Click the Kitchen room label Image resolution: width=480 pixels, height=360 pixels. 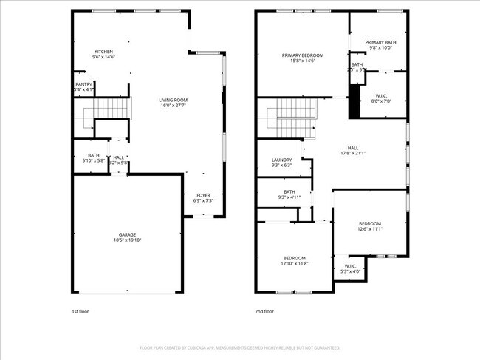(x=103, y=52)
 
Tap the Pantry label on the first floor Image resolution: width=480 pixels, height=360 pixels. (x=84, y=85)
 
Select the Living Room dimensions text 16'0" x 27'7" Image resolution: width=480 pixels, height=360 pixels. (x=174, y=106)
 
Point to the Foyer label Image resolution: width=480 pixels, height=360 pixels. (x=203, y=195)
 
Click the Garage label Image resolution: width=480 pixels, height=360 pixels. (x=127, y=234)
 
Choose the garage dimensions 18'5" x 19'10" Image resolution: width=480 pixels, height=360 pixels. (x=127, y=240)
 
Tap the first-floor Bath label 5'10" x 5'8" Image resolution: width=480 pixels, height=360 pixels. (x=94, y=155)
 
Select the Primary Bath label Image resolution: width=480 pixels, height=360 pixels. (x=380, y=42)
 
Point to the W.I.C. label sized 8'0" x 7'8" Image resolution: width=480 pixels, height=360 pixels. (x=381, y=95)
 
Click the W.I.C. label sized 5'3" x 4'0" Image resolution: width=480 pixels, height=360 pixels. (x=350, y=266)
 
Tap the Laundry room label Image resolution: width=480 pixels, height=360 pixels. (x=281, y=160)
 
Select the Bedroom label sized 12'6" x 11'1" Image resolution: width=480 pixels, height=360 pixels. (x=370, y=224)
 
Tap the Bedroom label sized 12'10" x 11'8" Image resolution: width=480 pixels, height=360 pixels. (x=294, y=258)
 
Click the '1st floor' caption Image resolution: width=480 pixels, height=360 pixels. (x=80, y=311)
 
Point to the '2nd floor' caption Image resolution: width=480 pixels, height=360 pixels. (x=264, y=311)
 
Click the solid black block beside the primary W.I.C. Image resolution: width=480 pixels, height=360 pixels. (x=354, y=101)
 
